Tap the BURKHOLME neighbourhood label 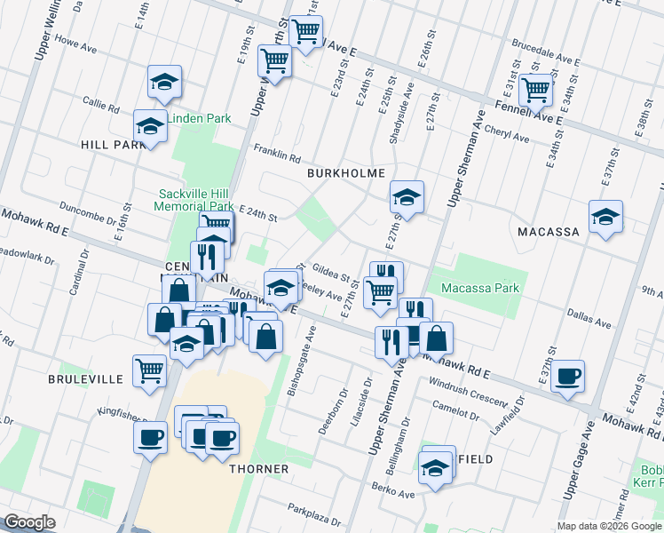pos(346,172)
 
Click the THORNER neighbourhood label pos(258,468)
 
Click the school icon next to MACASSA pos(605,217)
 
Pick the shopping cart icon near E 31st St pos(535,89)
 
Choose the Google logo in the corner pos(29,522)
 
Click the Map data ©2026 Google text pos(609,526)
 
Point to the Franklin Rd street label pos(277,153)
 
